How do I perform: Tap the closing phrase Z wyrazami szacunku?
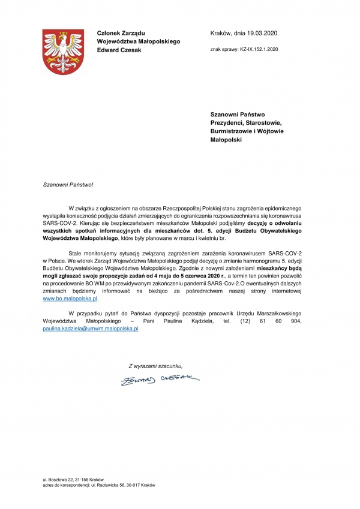(x=155, y=365)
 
